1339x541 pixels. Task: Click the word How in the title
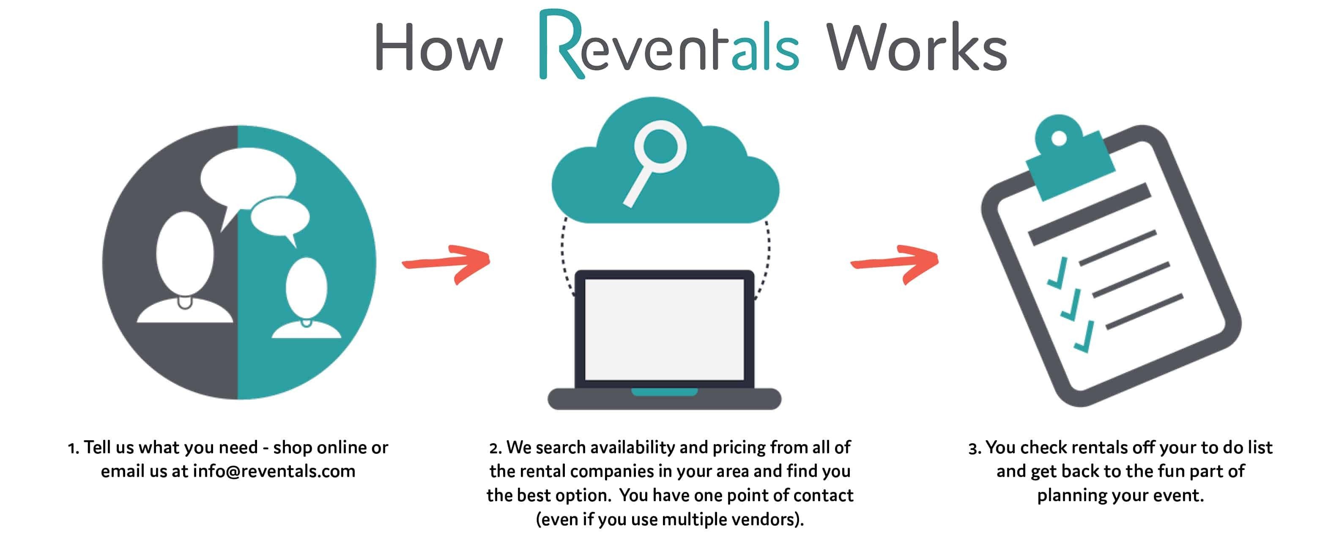click(439, 47)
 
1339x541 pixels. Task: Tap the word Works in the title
click(916, 47)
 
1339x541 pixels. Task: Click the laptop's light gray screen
click(664, 329)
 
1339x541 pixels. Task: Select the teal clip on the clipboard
click(1070, 156)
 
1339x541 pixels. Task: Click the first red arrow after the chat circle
click(446, 264)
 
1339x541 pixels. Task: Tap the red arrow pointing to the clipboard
click(895, 264)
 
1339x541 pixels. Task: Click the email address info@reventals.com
click(274, 471)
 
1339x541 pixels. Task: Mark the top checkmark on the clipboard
click(1058, 273)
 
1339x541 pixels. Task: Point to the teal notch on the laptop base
click(664, 392)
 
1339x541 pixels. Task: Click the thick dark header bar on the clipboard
click(1090, 214)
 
